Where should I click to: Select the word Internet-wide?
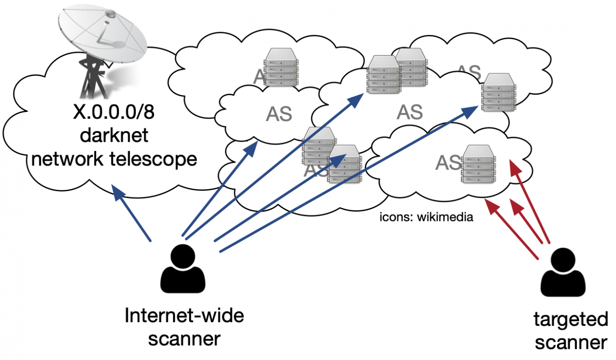point(184,317)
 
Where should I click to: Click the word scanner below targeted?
point(571,343)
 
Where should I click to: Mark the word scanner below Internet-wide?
point(184,339)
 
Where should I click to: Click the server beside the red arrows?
point(478,163)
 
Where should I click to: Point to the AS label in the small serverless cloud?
point(279,114)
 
